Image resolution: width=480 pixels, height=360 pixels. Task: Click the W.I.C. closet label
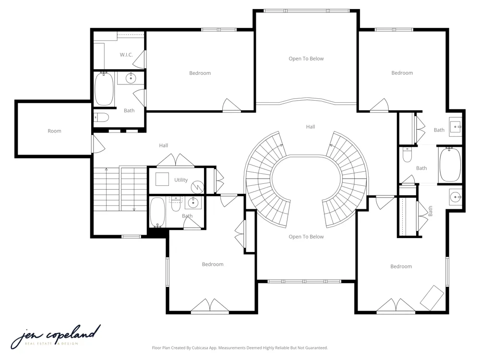tap(126, 55)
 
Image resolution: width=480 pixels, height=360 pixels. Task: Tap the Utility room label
tap(181, 180)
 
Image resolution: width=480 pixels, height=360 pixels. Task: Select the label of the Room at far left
tap(55, 131)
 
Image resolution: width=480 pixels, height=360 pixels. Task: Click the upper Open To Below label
tap(306, 59)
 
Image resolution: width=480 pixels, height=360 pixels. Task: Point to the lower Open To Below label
tap(306, 237)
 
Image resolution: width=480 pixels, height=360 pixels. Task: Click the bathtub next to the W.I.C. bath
tap(104, 89)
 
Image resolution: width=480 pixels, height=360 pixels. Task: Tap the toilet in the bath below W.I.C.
tap(101, 117)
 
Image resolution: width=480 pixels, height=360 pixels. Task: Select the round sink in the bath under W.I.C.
tap(131, 78)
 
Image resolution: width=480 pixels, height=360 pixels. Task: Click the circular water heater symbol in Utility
tap(197, 187)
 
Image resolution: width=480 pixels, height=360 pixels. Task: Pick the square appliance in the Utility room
tap(162, 179)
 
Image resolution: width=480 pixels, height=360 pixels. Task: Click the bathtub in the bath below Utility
tap(157, 212)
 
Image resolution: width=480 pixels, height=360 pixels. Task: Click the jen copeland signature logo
tap(56, 337)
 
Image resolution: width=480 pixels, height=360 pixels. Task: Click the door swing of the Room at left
tap(98, 144)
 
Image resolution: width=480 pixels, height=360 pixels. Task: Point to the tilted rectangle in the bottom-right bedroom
tap(432, 298)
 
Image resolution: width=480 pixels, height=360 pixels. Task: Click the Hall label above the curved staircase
tap(311, 127)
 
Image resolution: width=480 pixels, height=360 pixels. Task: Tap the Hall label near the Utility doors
tap(164, 145)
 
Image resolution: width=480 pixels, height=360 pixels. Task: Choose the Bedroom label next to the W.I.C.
tap(200, 73)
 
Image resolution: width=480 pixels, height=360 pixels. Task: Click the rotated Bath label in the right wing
tap(430, 211)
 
